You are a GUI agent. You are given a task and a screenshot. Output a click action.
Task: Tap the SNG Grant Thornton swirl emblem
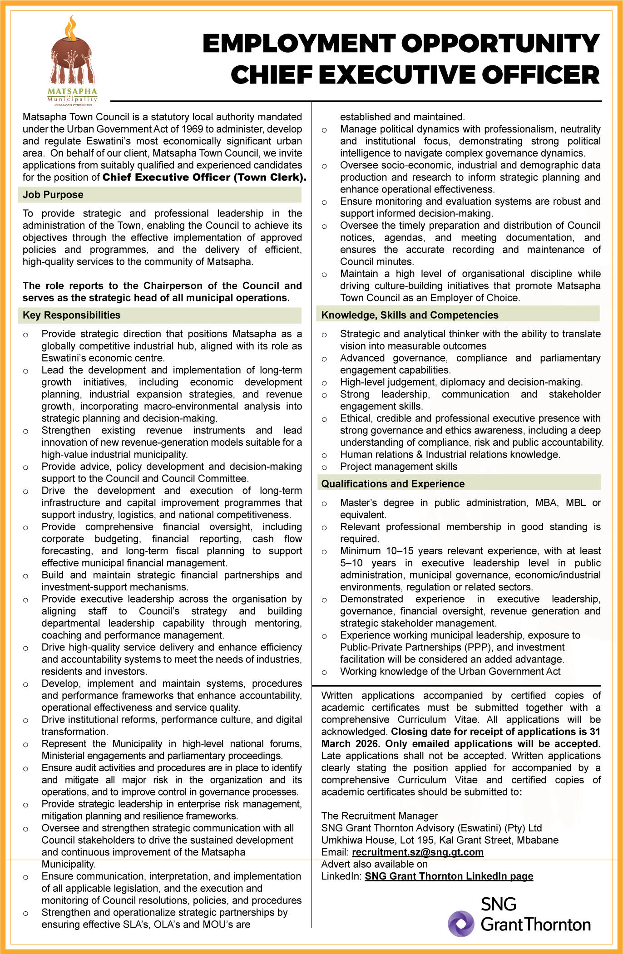click(x=461, y=924)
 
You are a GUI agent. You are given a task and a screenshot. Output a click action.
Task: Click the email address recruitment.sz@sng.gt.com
click(x=417, y=852)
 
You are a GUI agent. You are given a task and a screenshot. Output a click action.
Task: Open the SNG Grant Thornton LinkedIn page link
click(x=449, y=876)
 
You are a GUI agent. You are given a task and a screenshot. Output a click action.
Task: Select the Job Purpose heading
click(x=53, y=195)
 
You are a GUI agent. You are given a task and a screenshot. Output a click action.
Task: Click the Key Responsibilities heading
click(x=71, y=315)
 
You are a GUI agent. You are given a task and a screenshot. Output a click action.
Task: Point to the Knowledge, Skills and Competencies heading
click(x=410, y=315)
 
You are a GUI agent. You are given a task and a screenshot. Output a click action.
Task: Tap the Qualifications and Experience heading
click(x=393, y=484)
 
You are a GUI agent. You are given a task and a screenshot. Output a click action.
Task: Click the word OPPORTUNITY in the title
click(x=500, y=44)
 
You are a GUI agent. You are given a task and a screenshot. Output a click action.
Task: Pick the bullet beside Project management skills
click(x=324, y=467)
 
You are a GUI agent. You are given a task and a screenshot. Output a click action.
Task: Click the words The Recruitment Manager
click(x=380, y=816)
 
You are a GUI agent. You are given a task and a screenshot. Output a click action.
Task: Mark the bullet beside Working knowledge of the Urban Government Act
click(x=324, y=672)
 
